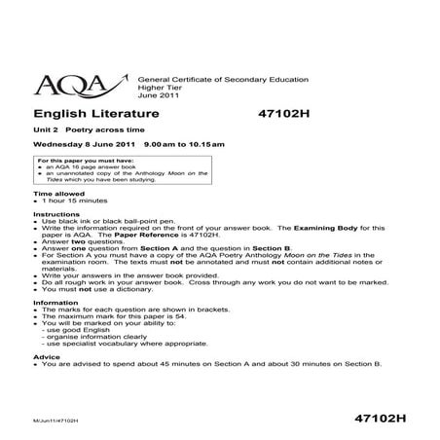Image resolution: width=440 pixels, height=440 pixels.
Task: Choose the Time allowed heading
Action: [x=58, y=194]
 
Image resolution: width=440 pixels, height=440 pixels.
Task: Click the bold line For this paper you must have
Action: [x=85, y=158]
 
